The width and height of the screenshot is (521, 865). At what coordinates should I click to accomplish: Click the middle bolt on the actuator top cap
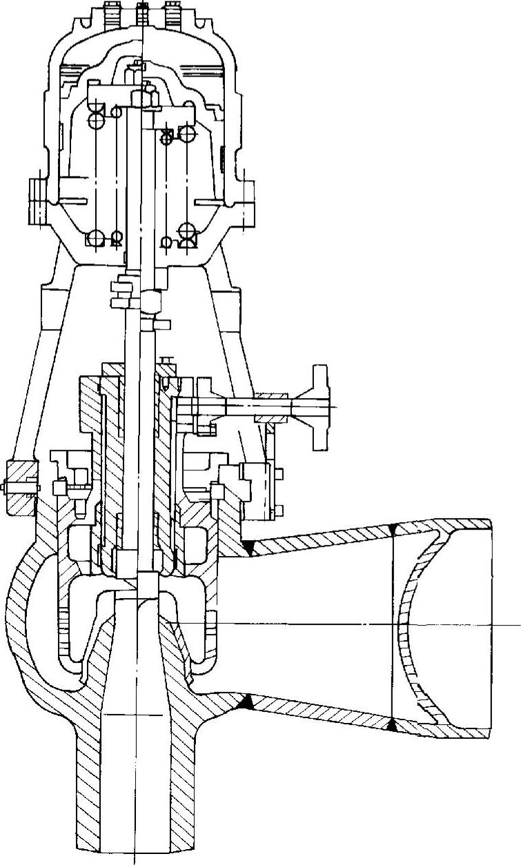point(144,12)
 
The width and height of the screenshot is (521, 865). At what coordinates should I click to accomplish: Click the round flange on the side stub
point(319,406)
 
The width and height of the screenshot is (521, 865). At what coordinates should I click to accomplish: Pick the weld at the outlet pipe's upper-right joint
point(392,528)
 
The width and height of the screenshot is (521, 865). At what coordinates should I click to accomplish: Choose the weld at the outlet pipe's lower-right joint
point(392,724)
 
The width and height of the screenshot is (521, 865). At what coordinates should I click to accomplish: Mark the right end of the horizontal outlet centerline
point(518,624)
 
